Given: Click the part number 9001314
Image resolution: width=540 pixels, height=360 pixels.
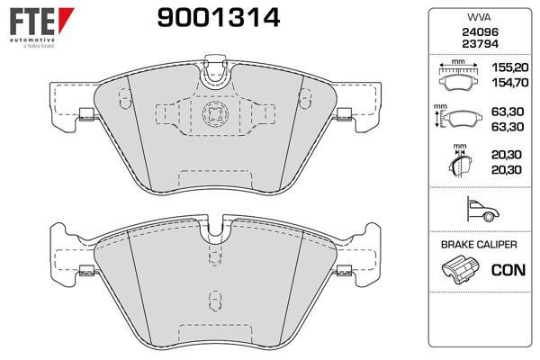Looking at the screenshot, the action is (x=219, y=18).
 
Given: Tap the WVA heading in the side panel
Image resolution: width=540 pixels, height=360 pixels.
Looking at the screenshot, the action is (x=480, y=17).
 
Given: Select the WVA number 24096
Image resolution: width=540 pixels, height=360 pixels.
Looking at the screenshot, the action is (x=480, y=32).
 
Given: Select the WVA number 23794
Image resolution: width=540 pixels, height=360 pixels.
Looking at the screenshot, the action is (x=480, y=44).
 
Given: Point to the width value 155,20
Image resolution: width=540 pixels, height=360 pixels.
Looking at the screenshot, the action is (x=509, y=67).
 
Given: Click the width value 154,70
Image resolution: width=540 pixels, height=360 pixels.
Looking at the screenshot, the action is (x=509, y=83).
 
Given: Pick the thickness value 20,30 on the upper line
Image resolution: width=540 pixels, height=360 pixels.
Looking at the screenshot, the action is (x=506, y=155).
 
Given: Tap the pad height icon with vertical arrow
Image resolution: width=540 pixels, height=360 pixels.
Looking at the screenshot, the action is (x=458, y=116).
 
